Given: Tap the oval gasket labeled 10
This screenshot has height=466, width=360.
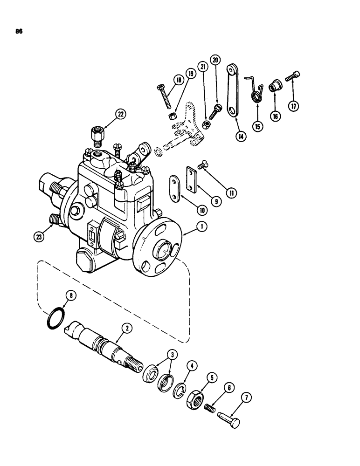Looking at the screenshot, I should click(x=176, y=189).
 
